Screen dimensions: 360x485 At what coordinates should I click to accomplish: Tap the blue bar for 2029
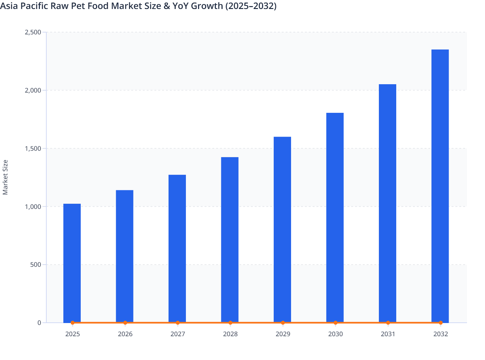tap(282, 230)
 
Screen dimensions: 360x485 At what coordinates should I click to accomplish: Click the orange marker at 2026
tap(125, 323)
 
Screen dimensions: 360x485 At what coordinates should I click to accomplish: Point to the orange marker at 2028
tap(230, 323)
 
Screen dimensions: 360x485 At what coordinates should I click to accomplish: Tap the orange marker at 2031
tap(388, 323)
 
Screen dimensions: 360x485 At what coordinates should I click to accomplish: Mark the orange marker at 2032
tap(441, 323)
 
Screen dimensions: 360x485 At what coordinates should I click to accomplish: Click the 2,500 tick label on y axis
tap(33, 32)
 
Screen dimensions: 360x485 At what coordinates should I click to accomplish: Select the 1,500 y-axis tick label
tap(33, 148)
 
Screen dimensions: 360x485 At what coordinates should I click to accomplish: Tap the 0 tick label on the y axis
tap(39, 323)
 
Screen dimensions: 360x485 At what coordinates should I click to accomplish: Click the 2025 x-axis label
tap(72, 334)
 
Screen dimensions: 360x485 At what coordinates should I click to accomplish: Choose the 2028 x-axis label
tap(230, 334)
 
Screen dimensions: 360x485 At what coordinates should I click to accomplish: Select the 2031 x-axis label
tap(388, 334)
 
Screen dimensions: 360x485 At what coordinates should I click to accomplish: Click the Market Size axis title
tap(5, 177)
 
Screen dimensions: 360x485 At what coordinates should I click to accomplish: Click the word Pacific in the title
tap(34, 6)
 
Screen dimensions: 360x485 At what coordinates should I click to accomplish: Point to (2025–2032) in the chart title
tap(251, 6)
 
